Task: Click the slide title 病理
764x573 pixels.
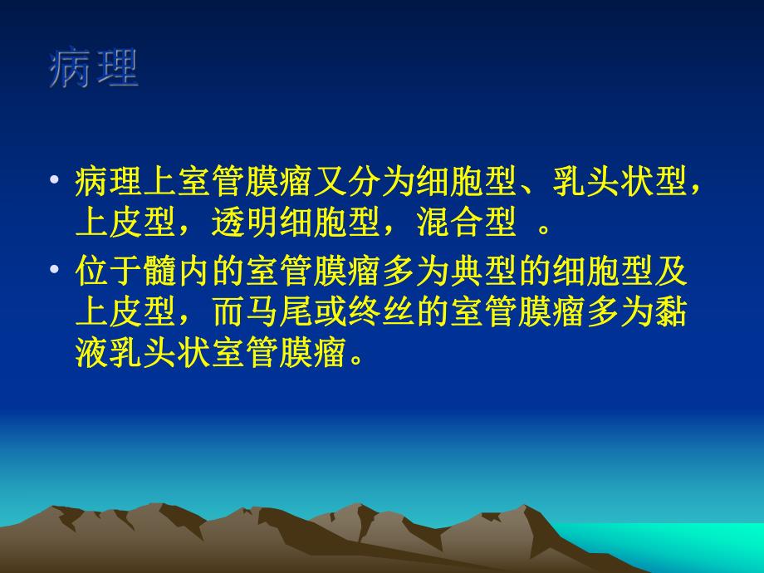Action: [x=93, y=70]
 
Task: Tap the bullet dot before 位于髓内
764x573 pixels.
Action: [x=56, y=271]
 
